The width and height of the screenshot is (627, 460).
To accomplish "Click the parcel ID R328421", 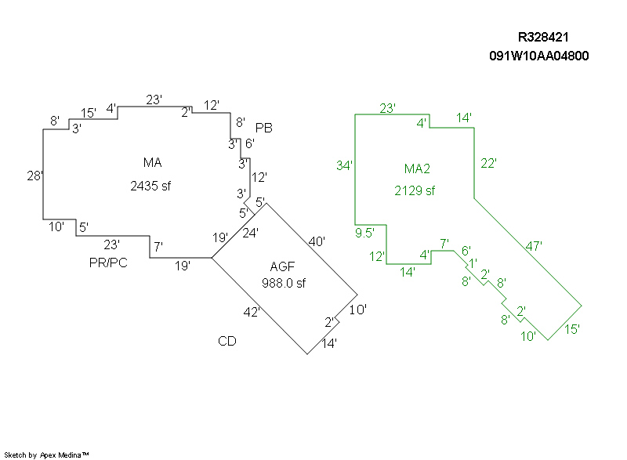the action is tap(543, 37).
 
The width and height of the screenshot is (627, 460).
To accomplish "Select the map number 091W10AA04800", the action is tap(539, 56).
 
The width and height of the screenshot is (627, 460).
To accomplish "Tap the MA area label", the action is tap(152, 162).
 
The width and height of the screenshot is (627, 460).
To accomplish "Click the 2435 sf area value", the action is tap(150, 186).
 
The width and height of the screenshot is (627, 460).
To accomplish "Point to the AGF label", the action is tap(282, 266).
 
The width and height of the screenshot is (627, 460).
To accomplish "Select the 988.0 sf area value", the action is tap(284, 283).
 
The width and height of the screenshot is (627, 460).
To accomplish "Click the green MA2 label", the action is tap(417, 168).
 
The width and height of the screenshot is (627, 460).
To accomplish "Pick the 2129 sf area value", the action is tap(415, 190).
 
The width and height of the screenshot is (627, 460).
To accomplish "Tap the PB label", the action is tap(264, 128).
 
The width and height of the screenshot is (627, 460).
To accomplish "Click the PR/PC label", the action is tap(108, 263).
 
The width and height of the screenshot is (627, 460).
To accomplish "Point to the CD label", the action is tap(227, 341).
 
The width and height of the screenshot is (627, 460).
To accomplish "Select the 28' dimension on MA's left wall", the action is tap(34, 176).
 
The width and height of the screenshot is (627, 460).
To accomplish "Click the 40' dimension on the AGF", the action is tap(317, 241).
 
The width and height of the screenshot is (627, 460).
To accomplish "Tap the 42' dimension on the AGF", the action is tap(252, 312).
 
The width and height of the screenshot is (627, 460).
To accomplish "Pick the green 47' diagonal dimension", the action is tap(534, 246).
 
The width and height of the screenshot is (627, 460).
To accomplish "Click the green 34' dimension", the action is tap(344, 165).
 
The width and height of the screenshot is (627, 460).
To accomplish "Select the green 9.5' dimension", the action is tap(364, 233).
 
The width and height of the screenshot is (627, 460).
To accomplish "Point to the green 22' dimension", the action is tap(488, 163).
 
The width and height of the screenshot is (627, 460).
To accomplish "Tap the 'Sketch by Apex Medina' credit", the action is tap(46, 455).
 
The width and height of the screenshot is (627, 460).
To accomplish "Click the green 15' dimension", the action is tap(572, 329).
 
